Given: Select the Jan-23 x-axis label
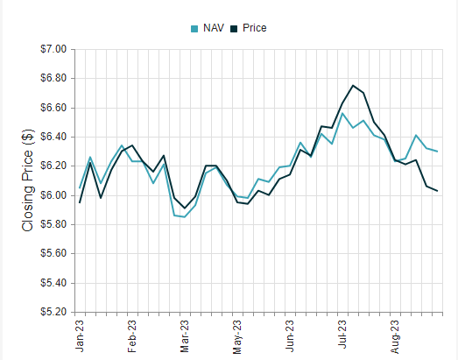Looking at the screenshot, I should pyautogui.click(x=80, y=335).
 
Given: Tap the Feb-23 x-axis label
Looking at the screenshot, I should pyautogui.click(x=132, y=335).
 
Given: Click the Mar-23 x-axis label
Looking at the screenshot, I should pyautogui.click(x=186, y=335).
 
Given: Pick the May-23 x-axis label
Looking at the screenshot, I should pyautogui.click(x=238, y=335).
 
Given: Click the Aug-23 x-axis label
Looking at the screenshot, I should pyautogui.click(x=396, y=335).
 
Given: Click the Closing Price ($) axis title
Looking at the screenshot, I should pyautogui.click(x=27, y=180).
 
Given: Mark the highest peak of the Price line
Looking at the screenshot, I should pyautogui.click(x=353, y=86).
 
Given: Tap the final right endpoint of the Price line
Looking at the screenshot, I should pyautogui.click(x=437, y=191).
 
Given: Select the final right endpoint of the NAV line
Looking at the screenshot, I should pyautogui.click(x=437, y=152).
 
